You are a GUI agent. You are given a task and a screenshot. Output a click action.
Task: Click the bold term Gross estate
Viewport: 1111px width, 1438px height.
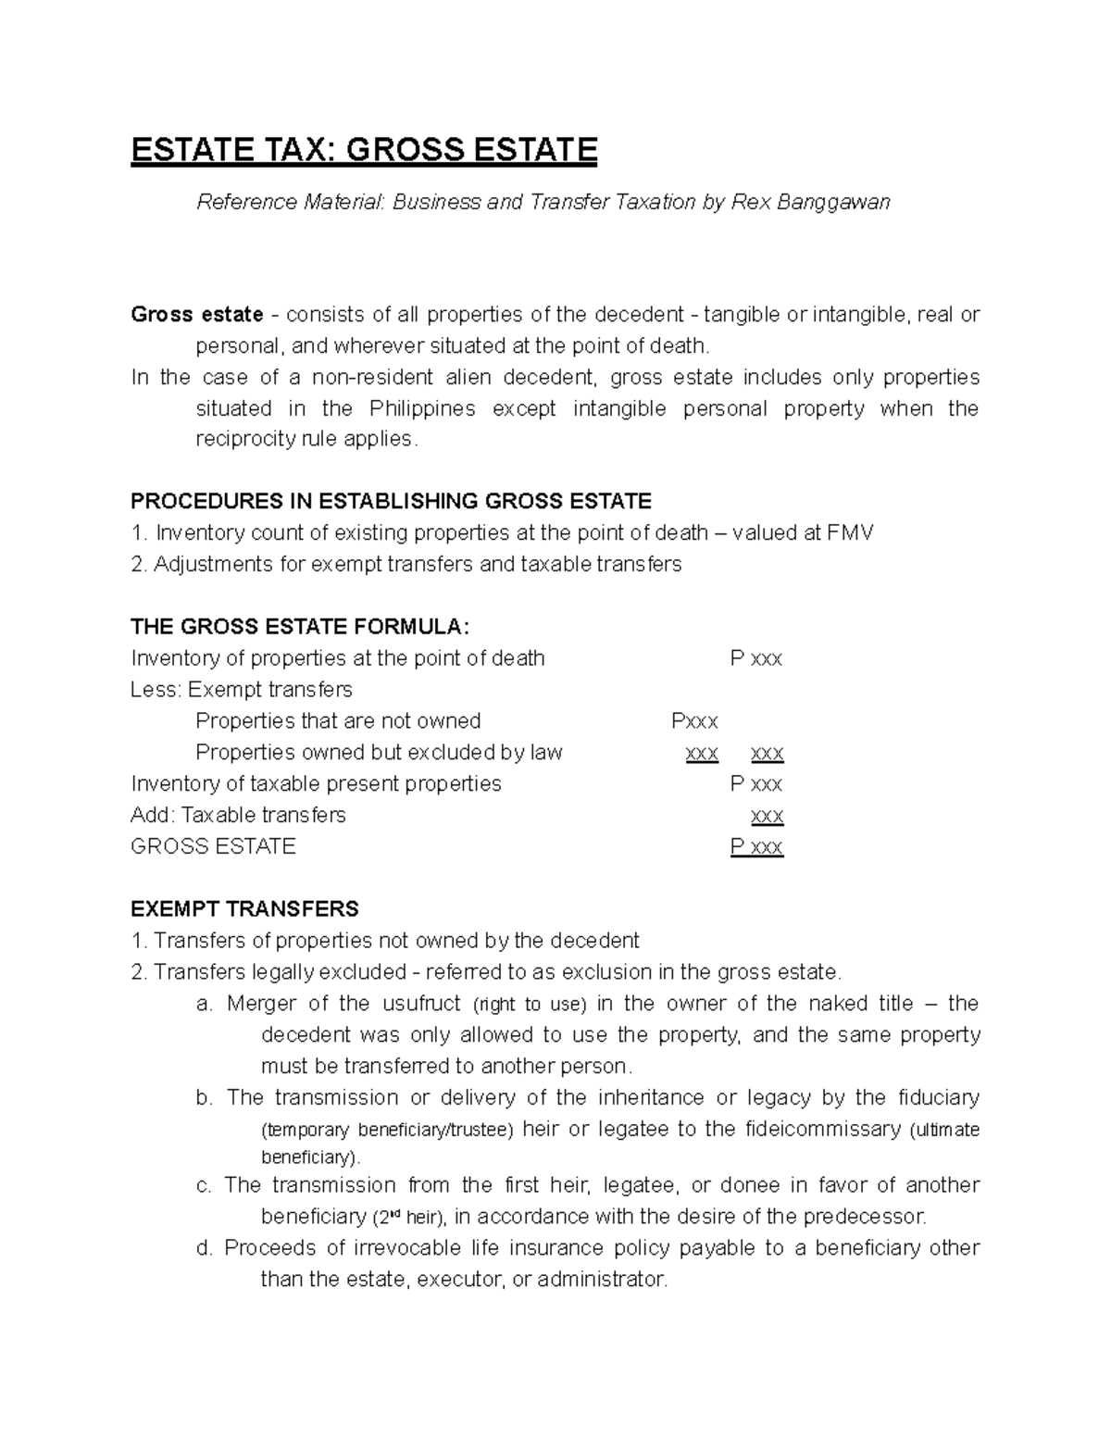pyautogui.click(x=197, y=315)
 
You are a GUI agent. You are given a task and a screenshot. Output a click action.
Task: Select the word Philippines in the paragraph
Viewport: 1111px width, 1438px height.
pyautogui.click(x=422, y=408)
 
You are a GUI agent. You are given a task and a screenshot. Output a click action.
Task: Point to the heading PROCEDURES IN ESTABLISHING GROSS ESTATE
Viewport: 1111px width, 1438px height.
pyautogui.click(x=391, y=502)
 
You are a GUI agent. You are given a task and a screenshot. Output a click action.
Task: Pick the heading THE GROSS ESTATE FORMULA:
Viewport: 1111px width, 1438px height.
pyautogui.click(x=301, y=627)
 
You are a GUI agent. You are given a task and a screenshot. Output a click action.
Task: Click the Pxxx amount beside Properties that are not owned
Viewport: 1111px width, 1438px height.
pyautogui.click(x=694, y=721)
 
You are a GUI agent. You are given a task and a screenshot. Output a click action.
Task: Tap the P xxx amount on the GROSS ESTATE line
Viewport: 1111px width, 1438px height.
pyautogui.click(x=756, y=846)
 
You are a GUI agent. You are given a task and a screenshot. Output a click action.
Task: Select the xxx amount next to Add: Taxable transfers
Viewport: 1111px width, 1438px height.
pyautogui.click(x=768, y=816)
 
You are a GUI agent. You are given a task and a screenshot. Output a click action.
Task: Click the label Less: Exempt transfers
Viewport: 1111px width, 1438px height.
pyautogui.click(x=242, y=690)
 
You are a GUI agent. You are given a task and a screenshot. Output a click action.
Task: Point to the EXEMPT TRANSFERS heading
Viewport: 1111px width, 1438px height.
pyautogui.click(x=244, y=908)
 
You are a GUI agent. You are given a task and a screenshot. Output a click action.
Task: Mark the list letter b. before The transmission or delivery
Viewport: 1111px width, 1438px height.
pyautogui.click(x=205, y=1098)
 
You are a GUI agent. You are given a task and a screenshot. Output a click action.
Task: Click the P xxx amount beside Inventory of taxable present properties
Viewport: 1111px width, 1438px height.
pyautogui.click(x=756, y=784)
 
